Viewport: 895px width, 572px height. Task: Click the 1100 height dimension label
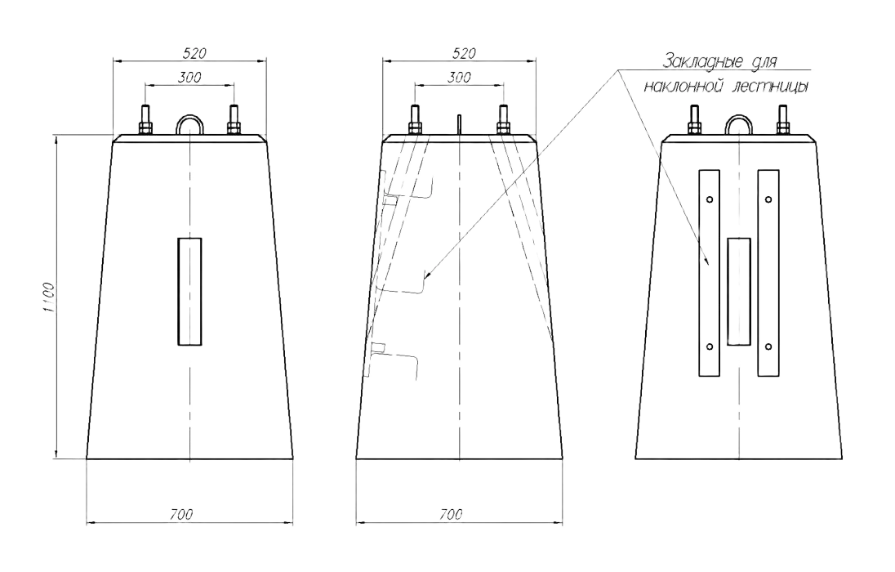49,297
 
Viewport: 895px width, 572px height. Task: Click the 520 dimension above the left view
194,53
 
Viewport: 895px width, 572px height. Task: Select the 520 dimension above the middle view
464,53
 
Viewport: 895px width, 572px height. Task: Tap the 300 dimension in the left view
189,77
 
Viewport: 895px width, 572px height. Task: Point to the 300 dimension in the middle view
459,77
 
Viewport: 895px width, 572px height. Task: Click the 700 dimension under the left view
181,514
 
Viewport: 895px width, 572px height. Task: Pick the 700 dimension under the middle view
451,514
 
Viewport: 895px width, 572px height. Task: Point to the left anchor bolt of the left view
145,120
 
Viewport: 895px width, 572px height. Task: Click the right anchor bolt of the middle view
503,120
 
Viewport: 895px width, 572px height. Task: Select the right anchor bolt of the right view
782,120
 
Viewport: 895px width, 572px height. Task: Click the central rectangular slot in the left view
189,292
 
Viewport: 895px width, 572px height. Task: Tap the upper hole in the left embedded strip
710,199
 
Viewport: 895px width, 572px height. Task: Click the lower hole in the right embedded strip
768,346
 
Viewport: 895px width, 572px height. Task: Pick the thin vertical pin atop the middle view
460,125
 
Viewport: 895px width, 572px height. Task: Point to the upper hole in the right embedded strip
768,199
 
